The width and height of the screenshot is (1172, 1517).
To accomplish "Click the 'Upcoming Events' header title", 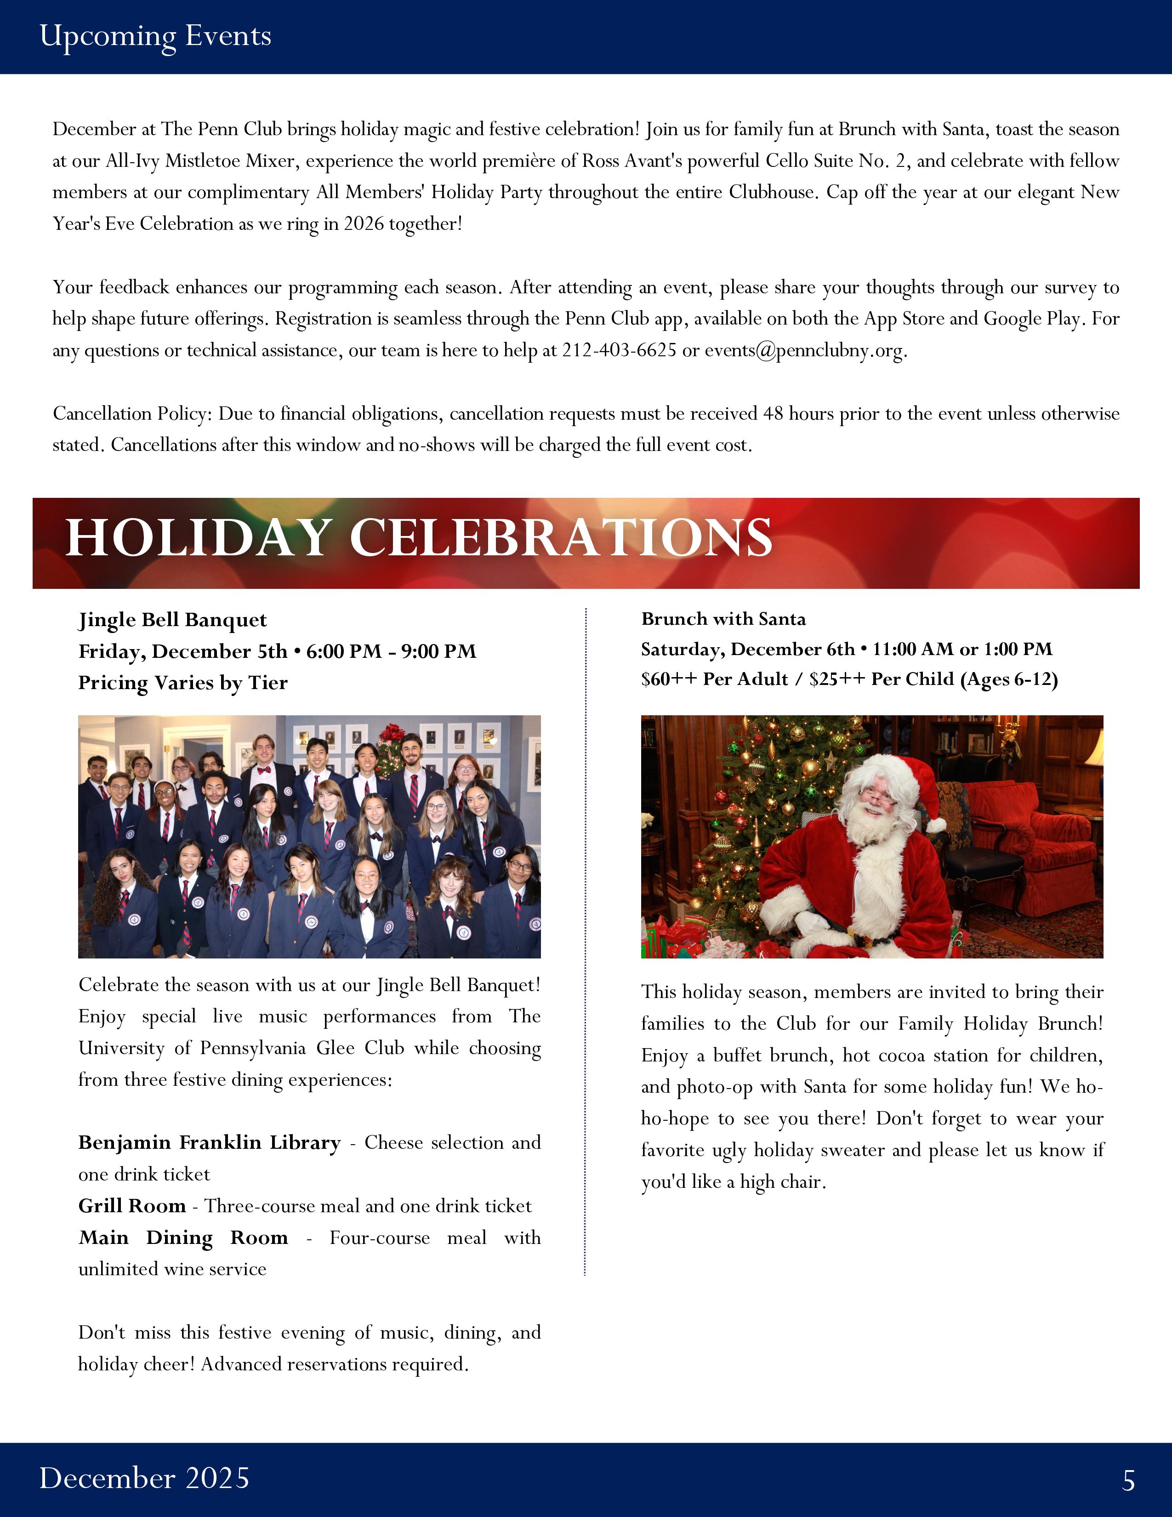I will pos(155,36).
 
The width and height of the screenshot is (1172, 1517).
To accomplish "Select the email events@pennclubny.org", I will pos(805,350).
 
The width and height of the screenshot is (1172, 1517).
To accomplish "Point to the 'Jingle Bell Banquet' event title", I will pos(172,620).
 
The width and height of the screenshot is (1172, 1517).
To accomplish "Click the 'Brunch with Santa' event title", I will pos(723,619).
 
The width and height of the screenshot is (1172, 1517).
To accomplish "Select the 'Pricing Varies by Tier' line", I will pos(182,683).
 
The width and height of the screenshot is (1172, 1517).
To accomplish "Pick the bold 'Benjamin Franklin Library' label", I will pos(209,1143).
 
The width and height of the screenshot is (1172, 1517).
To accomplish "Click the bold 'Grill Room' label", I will pos(132,1206).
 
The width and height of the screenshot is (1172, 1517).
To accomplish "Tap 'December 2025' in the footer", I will pos(144,1478).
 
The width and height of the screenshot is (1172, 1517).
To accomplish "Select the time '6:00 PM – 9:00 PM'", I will pos(391,651).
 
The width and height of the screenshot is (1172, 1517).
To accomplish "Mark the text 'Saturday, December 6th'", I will pos(747,650).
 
